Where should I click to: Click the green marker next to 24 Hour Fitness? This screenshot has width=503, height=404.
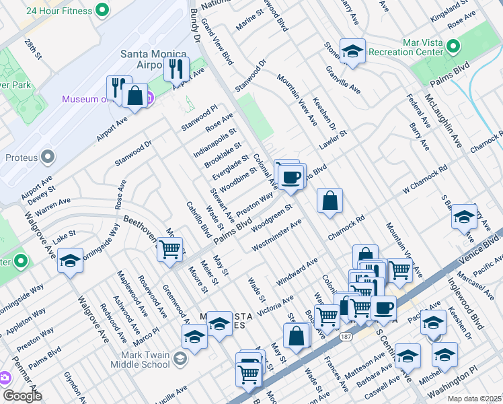(x=102, y=9)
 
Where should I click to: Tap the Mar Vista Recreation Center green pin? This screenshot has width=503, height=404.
(x=453, y=46)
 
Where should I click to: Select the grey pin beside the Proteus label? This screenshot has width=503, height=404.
(x=48, y=157)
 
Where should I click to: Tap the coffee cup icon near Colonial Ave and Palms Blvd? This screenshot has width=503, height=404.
(x=291, y=177)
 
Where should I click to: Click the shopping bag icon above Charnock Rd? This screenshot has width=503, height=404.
(x=330, y=201)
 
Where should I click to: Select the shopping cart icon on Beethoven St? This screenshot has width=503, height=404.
(x=170, y=250)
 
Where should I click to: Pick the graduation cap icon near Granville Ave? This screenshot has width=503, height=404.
(x=352, y=51)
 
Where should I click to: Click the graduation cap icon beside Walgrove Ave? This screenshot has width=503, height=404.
(x=70, y=261)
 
